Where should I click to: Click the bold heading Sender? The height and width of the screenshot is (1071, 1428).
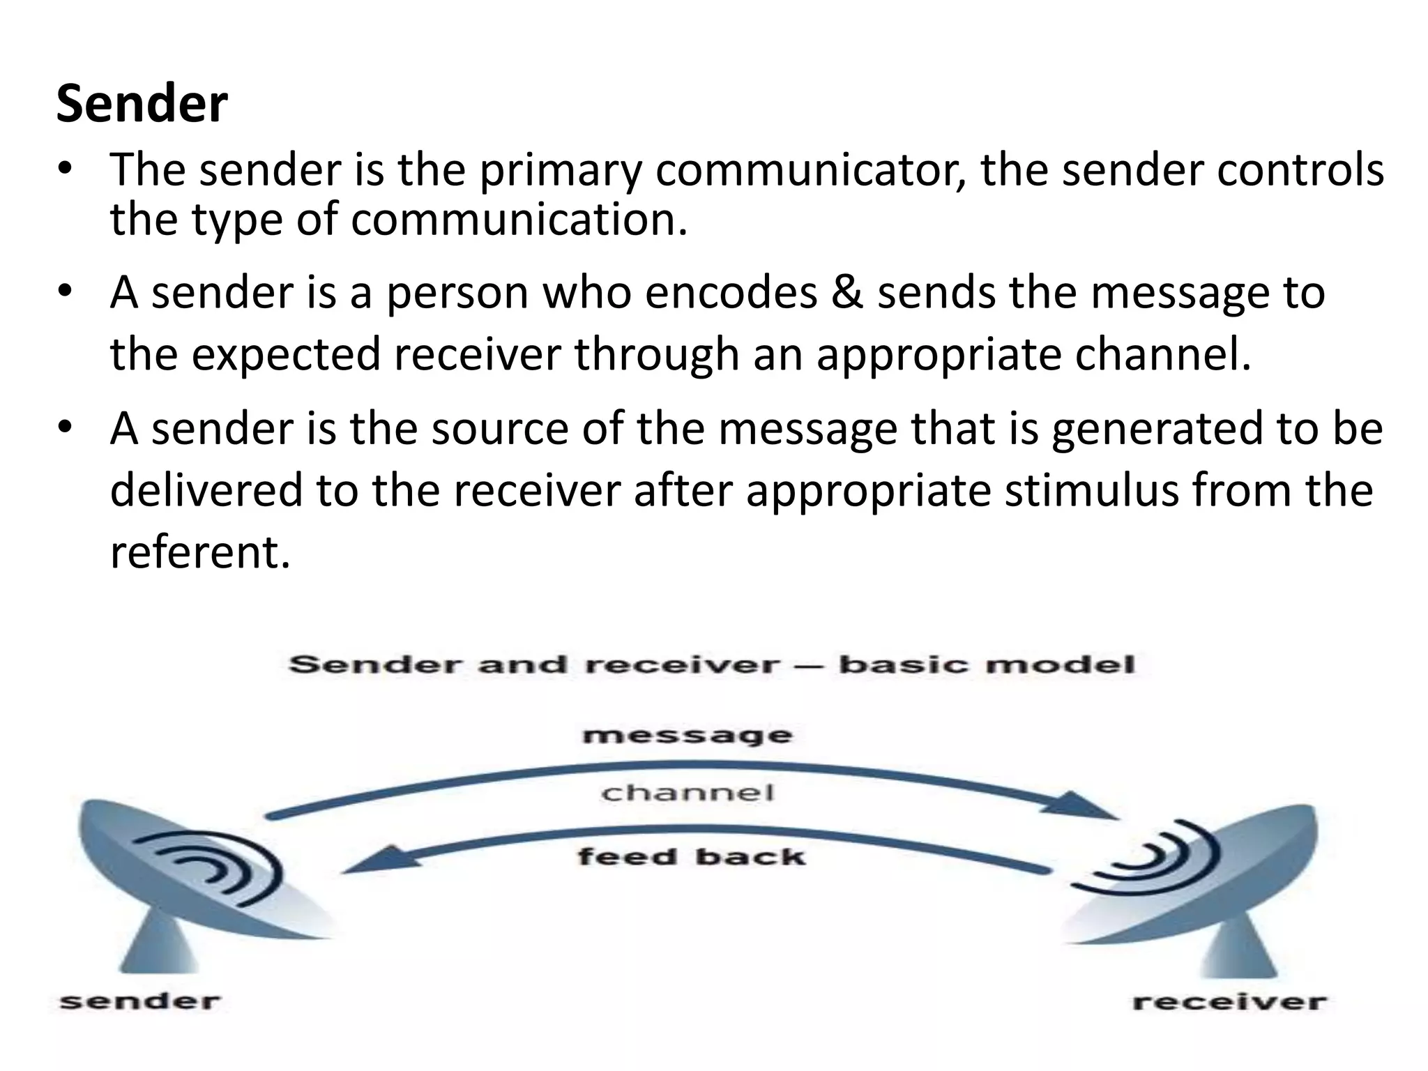(x=142, y=104)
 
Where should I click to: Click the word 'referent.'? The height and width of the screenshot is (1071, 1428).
(x=199, y=552)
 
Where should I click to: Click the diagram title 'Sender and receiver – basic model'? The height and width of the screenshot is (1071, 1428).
(x=711, y=664)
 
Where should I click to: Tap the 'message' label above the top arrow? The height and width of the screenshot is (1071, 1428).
(x=688, y=736)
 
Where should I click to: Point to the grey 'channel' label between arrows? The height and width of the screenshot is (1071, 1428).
(x=688, y=793)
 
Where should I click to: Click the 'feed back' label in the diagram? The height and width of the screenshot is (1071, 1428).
(x=691, y=856)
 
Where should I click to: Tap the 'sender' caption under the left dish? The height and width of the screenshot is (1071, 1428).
(x=140, y=1002)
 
